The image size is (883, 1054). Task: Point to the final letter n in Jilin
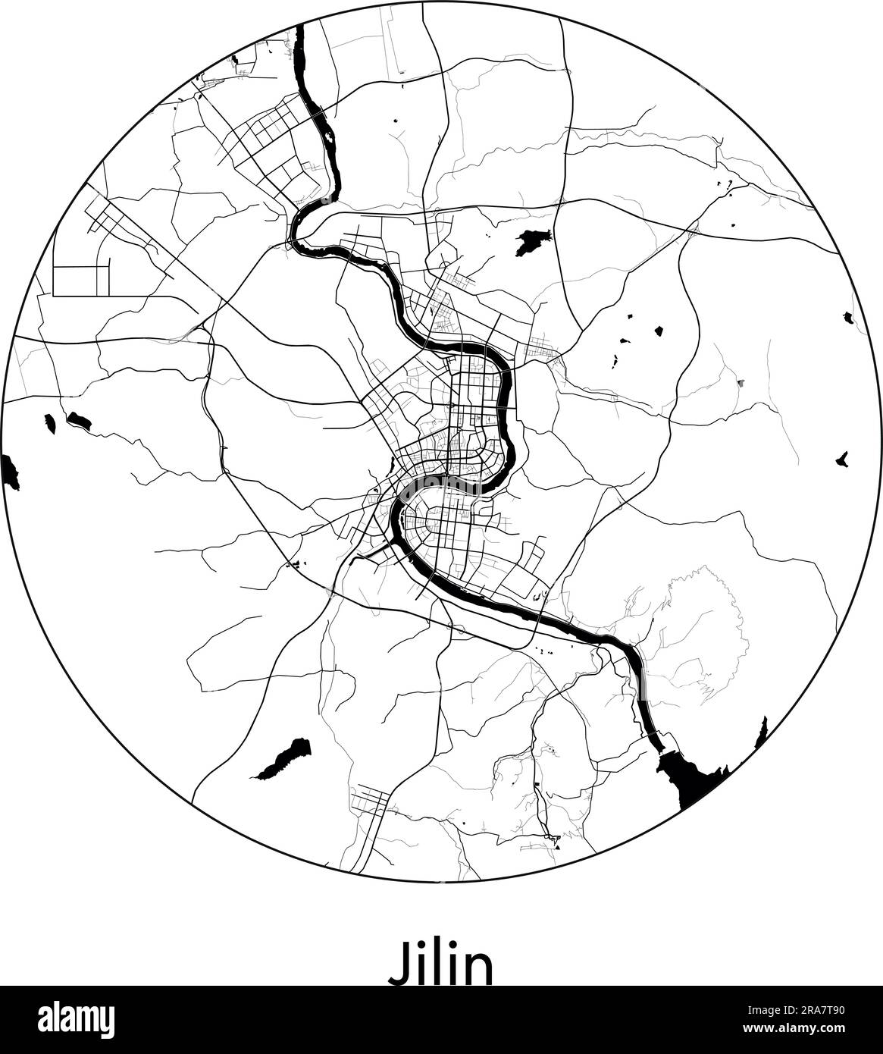[x=478, y=967]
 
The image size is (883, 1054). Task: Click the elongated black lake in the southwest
[x=284, y=758]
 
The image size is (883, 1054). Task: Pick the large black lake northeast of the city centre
[x=531, y=242]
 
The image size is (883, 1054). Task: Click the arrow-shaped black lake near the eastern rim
[x=841, y=459]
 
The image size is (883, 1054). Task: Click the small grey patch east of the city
[x=741, y=384]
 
